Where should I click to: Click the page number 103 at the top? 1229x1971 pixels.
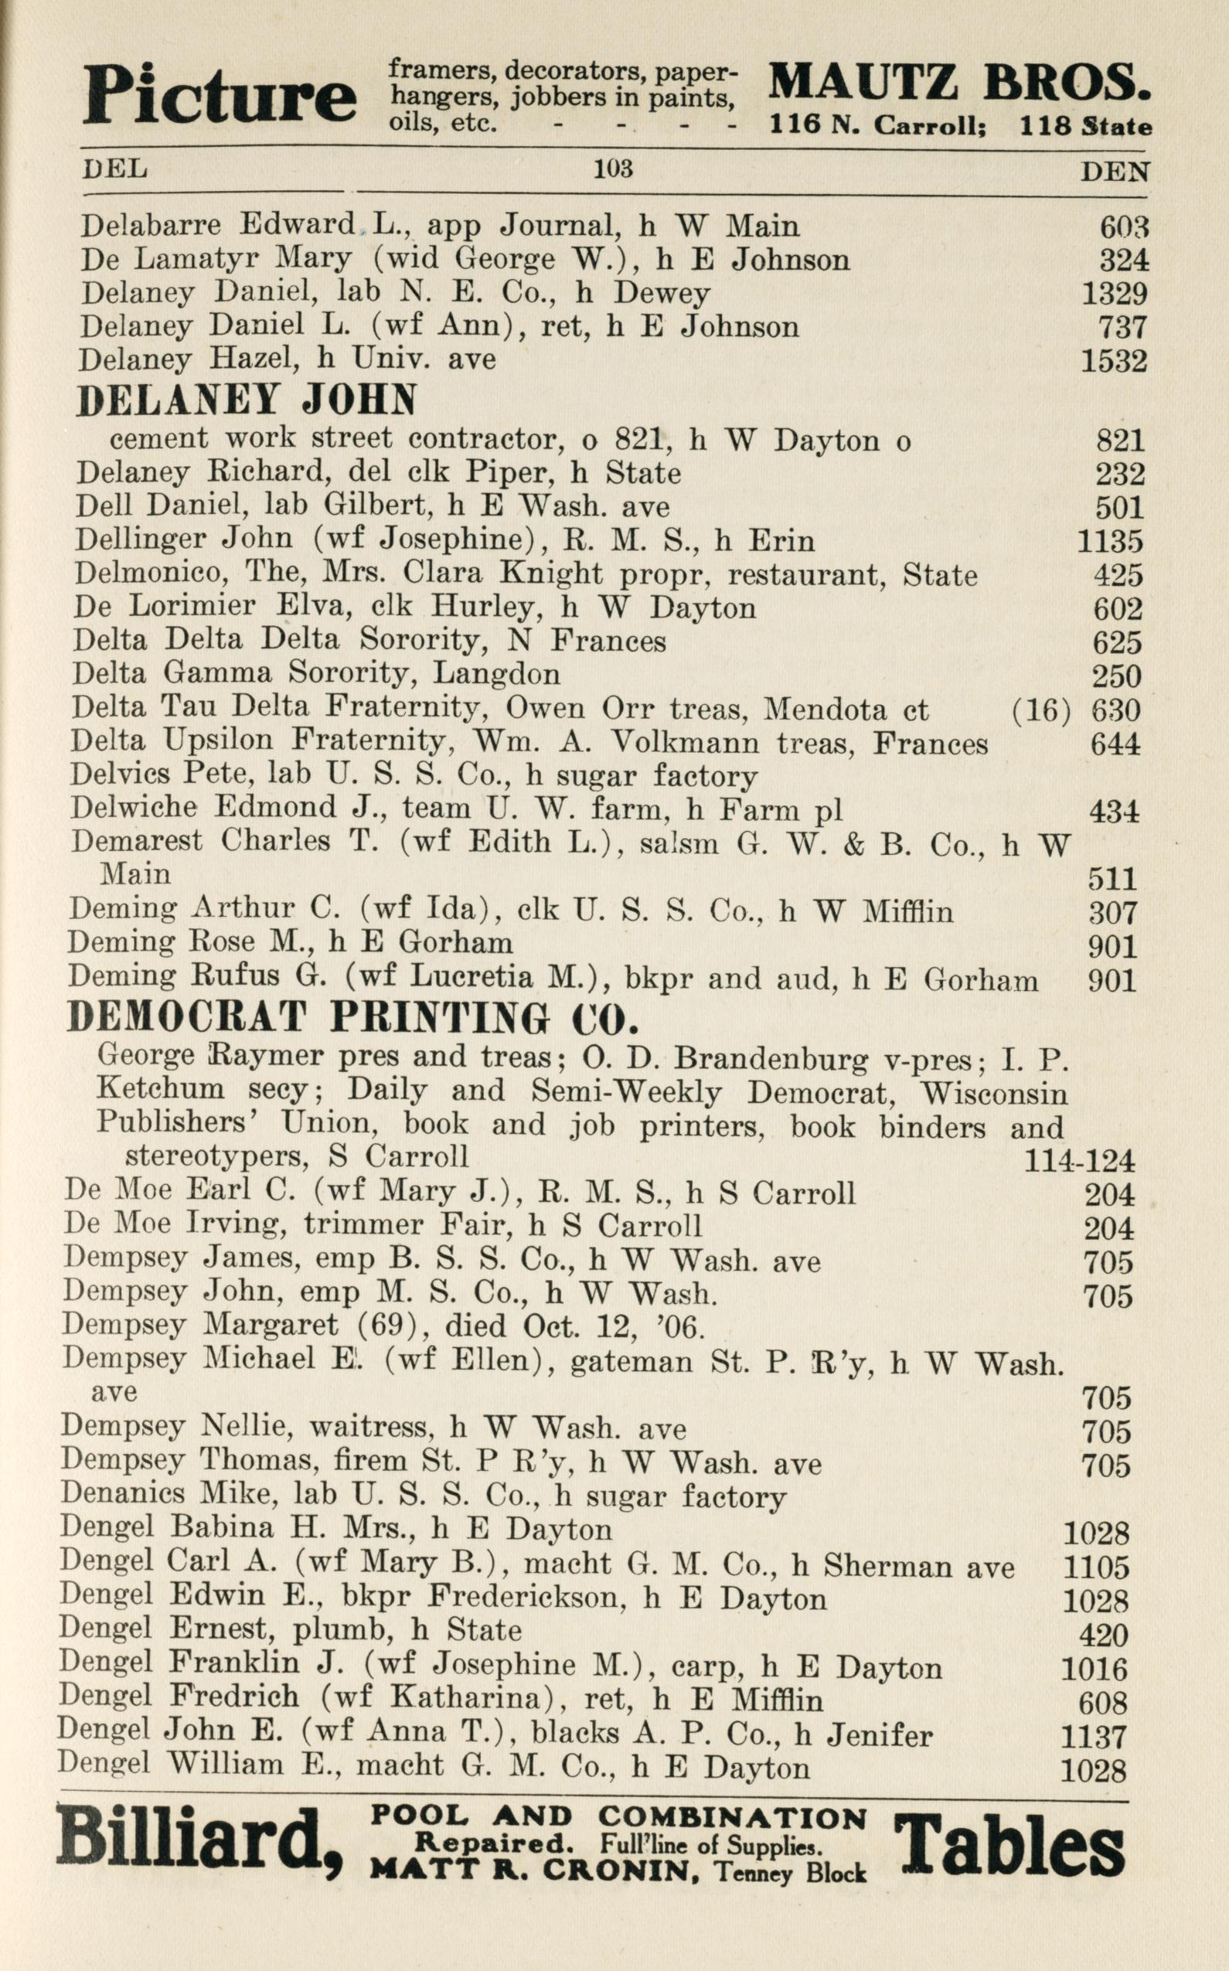tap(613, 169)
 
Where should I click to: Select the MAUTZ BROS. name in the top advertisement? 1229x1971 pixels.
tap(959, 83)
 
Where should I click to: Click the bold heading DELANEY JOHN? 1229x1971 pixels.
tap(246, 400)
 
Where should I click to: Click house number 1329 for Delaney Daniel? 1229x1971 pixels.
tap(1114, 294)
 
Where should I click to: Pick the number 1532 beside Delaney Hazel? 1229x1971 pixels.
tap(1114, 360)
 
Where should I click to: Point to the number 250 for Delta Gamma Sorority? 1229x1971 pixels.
tap(1118, 676)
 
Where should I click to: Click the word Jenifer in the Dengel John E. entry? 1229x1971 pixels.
tap(880, 1735)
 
